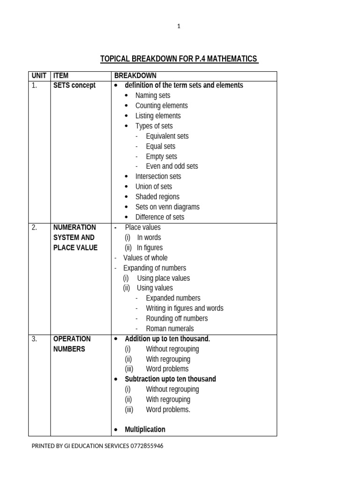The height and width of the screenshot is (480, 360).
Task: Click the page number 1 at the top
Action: [179, 27]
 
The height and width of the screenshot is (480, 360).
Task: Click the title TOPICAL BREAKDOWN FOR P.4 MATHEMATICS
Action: [179, 59]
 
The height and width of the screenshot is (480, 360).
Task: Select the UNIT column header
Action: [39, 75]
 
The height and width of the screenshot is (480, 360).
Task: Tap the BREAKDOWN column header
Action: [135, 75]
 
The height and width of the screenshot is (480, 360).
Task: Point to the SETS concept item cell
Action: [74, 85]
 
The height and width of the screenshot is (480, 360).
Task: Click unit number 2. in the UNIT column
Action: [34, 227]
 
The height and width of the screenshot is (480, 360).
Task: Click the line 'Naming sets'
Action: [153, 96]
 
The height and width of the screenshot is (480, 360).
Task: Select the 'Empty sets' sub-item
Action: [161, 157]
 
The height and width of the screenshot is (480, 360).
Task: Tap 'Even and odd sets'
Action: [172, 166]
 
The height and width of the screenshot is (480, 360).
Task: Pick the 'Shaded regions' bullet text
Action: [157, 197]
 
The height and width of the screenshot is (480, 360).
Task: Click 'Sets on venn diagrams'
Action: [167, 207]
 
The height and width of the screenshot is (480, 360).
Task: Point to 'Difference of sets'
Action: [160, 217]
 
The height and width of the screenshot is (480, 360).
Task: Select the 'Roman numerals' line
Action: [170, 329]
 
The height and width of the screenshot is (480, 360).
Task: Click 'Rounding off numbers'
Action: [177, 319]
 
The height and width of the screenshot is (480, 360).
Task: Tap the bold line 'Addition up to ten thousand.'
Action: [167, 339]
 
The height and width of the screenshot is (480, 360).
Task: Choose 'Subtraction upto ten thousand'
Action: [170, 379]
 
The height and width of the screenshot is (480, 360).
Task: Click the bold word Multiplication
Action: [145, 429]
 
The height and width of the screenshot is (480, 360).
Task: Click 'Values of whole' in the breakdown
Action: [145, 258]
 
